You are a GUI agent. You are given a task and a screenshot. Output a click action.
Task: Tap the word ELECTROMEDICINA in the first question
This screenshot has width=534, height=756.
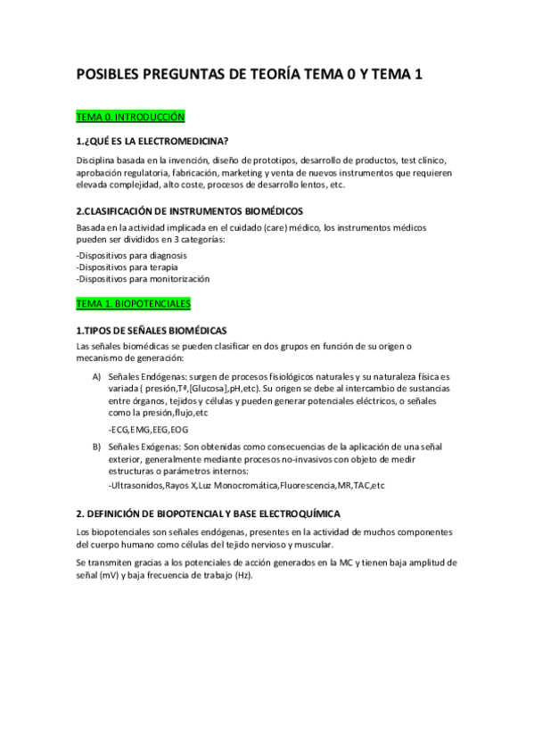pyautogui.click(x=183, y=140)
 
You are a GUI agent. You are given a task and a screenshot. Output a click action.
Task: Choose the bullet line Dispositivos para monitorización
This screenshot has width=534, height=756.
pyautogui.click(x=144, y=278)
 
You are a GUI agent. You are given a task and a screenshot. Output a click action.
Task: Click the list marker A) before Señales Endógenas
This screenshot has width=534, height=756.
pyautogui.click(x=96, y=378)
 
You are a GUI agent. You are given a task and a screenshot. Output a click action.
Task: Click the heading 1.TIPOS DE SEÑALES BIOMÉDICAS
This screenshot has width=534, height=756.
pyautogui.click(x=152, y=331)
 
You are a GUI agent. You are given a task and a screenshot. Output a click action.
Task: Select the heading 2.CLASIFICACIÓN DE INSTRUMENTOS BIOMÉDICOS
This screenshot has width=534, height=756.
pyautogui.click(x=190, y=211)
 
